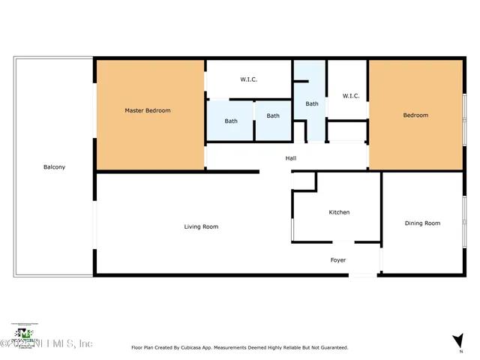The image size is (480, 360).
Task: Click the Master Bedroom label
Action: coord(147,111)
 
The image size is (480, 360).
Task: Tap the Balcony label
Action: coord(54,167)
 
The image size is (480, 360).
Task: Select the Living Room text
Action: coord(202,226)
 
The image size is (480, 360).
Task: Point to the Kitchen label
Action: coord(339,212)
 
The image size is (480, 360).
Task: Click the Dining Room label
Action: coord(422,223)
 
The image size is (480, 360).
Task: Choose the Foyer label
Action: coord(338,260)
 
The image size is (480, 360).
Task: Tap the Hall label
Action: coord(291,158)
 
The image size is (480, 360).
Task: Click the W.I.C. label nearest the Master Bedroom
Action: coord(249,79)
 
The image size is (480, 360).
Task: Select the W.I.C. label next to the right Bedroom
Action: coord(351,96)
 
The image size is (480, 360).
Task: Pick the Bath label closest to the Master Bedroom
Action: coord(231,121)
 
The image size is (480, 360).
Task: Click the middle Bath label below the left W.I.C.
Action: coord(273,115)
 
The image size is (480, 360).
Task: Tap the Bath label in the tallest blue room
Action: coord(311,104)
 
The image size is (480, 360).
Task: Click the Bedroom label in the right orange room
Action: coord(415,115)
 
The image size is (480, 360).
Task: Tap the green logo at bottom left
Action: coord(25,333)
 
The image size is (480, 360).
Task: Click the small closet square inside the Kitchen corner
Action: coord(304,181)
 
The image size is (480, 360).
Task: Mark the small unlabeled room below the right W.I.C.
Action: coord(346,132)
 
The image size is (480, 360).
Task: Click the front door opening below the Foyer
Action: coord(364,275)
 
